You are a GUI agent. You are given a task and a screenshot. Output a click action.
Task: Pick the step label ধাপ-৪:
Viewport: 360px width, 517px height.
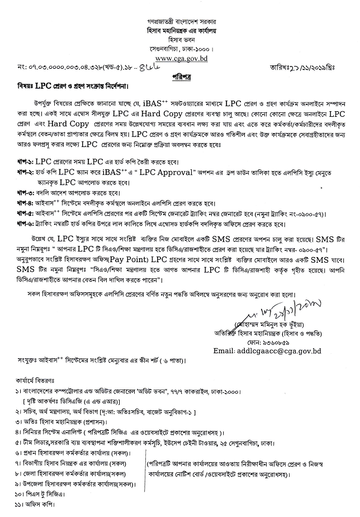27,203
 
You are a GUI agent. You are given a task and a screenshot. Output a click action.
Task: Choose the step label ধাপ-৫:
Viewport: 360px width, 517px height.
27,214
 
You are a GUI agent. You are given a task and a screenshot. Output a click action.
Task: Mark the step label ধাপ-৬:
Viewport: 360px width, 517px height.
27,225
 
